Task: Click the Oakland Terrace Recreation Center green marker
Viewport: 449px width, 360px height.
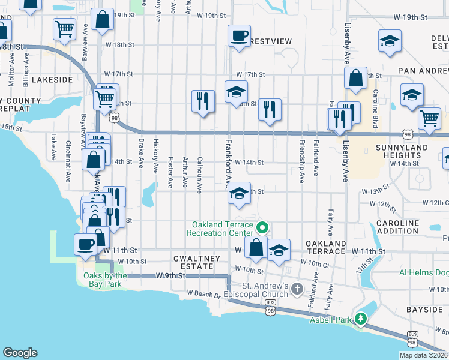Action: coord(262,228)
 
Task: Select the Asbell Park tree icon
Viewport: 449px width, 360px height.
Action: coord(360,319)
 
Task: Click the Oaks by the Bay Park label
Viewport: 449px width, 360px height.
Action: coord(101,280)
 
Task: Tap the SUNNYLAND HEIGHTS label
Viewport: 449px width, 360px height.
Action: coord(402,151)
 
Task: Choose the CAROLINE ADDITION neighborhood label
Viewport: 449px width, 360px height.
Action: coord(397,227)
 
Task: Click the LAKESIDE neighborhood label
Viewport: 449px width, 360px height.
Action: coord(52,79)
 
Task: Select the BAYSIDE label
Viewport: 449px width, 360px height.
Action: coord(424,310)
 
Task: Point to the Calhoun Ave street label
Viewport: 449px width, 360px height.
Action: coord(199,175)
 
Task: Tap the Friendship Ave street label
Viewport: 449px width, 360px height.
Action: coord(301,157)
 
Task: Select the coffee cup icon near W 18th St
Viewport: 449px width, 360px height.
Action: coord(239,35)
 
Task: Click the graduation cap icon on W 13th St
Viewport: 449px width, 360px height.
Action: coord(239,193)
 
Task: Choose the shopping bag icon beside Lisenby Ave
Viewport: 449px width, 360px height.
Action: coord(355,78)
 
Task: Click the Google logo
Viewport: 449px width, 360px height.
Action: coord(20,353)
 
